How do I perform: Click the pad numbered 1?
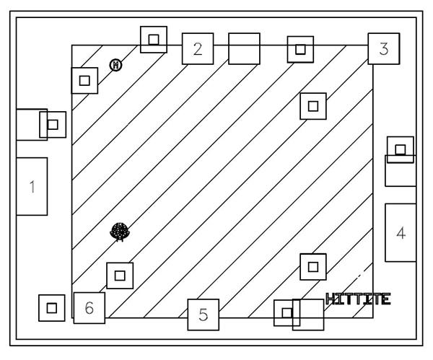click(32, 187)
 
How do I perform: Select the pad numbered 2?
click(197, 49)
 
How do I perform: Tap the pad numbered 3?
click(384, 49)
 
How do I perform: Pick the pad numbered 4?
click(401, 233)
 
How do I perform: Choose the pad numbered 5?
click(204, 315)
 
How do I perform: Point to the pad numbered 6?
click(89, 308)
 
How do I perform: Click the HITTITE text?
click(358, 299)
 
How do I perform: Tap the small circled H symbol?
click(115, 66)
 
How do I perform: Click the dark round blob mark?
click(120, 232)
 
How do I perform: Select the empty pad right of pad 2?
click(244, 48)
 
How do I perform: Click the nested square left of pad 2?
click(153, 40)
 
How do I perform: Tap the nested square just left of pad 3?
click(300, 49)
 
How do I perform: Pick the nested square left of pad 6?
click(51, 308)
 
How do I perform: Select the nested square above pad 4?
click(401, 149)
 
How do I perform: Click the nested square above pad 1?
click(52, 124)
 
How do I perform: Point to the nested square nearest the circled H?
click(84, 80)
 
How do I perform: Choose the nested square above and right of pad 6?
click(120, 275)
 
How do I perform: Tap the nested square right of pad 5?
click(287, 312)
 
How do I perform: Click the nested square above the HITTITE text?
click(312, 266)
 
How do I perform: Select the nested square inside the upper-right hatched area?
click(312, 106)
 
